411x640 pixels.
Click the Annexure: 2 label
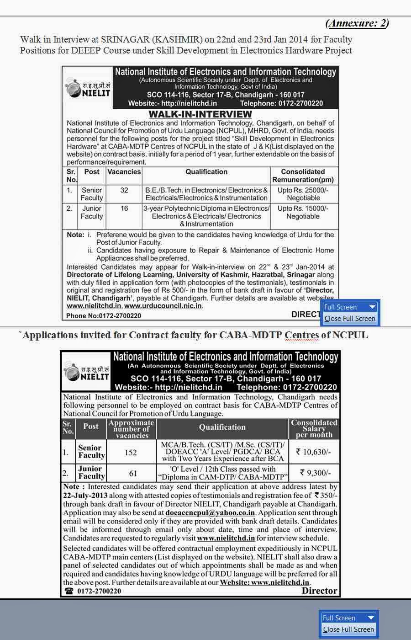pyautogui.click(x=357, y=23)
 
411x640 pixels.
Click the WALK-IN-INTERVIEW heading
pyautogui.click(x=200, y=114)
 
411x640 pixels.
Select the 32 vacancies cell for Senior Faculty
pyautogui.click(x=124, y=190)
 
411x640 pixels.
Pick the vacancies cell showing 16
pyautogui.click(x=124, y=208)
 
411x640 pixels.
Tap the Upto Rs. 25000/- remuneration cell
pyautogui.click(x=303, y=194)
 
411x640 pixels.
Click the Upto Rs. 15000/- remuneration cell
pyautogui.click(x=303, y=212)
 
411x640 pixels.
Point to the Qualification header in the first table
pyautogui.click(x=206, y=172)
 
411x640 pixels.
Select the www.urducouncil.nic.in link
pyautogui.click(x=163, y=306)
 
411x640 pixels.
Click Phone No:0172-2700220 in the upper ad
pyautogui.click(x=104, y=316)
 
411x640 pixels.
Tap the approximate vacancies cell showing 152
pyautogui.click(x=131, y=453)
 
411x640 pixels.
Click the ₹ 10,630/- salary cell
pyautogui.click(x=314, y=452)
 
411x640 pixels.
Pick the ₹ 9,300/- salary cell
pyautogui.click(x=315, y=473)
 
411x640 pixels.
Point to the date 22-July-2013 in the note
pyautogui.click(x=85, y=496)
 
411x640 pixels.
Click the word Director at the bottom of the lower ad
pyautogui.click(x=319, y=591)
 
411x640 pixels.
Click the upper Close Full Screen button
pyautogui.click(x=350, y=319)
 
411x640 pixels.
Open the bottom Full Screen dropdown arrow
pyautogui.click(x=371, y=618)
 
